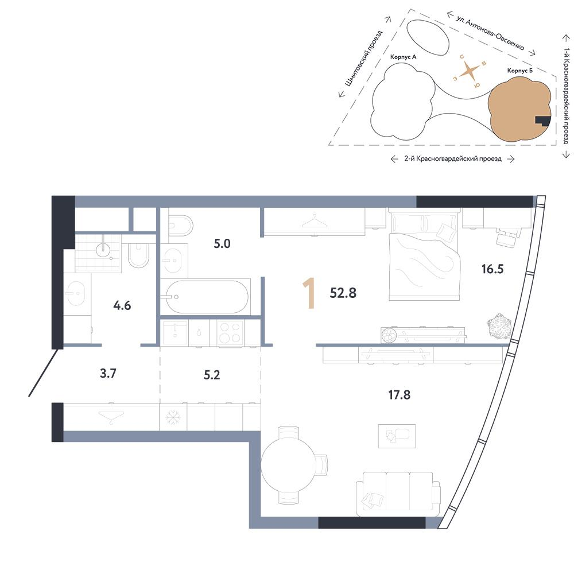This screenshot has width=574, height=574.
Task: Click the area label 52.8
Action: tap(343, 293)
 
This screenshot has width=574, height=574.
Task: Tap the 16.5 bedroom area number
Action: tap(492, 269)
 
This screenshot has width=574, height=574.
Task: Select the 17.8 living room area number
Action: tap(399, 395)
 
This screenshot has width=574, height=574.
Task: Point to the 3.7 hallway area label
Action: tap(108, 374)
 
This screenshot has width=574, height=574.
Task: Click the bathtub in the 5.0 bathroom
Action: tap(207, 297)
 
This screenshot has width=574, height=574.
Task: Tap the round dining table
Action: tap(289, 466)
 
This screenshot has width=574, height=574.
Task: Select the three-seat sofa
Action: tap(398, 494)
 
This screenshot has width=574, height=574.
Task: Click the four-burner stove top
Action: tap(230, 332)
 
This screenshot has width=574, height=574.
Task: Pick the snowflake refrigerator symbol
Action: tap(173, 418)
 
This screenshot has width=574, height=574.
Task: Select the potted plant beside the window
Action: tap(499, 326)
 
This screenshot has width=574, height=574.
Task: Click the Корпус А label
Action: tap(403, 57)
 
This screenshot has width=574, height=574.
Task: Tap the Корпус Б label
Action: tap(520, 71)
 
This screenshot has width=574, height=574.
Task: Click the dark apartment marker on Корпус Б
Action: tap(543, 121)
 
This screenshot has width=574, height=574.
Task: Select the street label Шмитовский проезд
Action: tap(363, 58)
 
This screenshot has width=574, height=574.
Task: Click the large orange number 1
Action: tap(309, 293)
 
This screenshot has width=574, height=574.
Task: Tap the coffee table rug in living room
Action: tap(397, 436)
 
